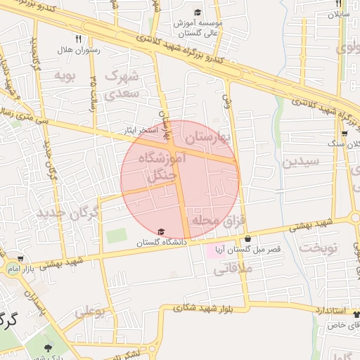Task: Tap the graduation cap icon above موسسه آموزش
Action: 198,13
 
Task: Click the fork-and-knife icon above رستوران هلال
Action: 79,39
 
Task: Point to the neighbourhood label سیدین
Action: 301,161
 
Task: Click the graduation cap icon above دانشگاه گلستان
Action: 161,232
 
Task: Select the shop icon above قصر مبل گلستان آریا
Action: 247,239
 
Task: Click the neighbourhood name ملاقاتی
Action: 227,267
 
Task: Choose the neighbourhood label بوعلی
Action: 90,310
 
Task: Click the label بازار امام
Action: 22,269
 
